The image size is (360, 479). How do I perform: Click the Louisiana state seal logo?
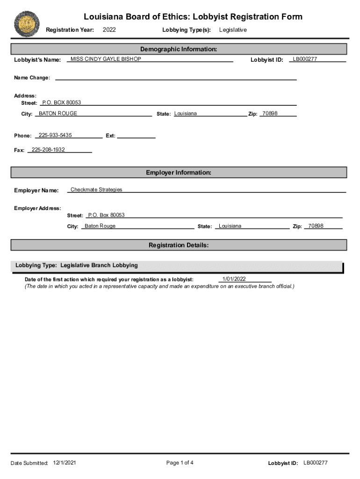(27, 24)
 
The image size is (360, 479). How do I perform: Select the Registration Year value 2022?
(109, 30)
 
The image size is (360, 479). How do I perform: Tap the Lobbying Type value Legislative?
(233, 30)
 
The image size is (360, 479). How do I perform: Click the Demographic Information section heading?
(179, 49)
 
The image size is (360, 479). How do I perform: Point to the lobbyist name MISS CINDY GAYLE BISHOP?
(105, 59)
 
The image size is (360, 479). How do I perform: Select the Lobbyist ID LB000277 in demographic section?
(305, 59)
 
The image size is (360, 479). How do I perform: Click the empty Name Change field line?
(176, 78)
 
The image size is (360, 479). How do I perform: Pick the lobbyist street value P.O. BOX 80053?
(61, 102)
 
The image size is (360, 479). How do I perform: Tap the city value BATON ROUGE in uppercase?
(58, 114)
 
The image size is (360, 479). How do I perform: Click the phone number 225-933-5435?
(55, 135)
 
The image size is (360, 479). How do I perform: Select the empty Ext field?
(136, 136)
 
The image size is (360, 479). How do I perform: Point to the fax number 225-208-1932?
(48, 150)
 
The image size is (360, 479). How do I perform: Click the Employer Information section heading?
(179, 173)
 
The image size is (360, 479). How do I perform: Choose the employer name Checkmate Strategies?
(96, 189)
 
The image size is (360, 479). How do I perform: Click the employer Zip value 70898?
(316, 226)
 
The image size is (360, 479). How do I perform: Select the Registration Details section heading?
(179, 245)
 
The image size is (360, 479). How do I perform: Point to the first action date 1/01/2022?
(234, 279)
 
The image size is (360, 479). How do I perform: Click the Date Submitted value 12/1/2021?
(65, 463)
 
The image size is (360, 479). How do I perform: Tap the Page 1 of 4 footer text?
(180, 463)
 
